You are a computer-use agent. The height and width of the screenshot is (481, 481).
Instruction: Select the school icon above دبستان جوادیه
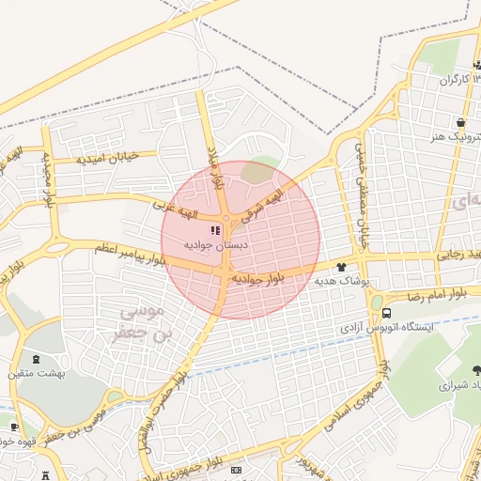(x=215, y=229)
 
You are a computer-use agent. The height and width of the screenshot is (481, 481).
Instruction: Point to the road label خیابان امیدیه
(x=107, y=157)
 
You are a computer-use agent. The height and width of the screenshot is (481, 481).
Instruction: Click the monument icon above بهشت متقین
(x=37, y=360)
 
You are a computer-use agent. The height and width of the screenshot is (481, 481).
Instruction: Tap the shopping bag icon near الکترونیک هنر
(x=459, y=122)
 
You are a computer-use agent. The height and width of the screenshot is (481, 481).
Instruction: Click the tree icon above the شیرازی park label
(x=470, y=370)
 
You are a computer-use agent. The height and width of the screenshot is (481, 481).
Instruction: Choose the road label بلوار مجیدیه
(x=44, y=178)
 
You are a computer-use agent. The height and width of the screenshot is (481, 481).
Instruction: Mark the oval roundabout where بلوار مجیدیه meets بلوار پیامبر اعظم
(x=56, y=248)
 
